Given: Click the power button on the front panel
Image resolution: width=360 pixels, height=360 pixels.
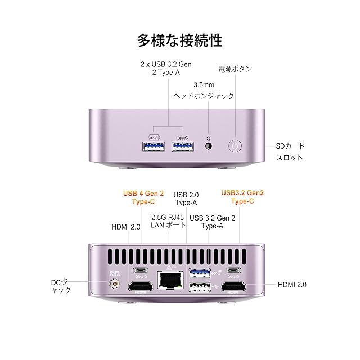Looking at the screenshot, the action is [236, 146].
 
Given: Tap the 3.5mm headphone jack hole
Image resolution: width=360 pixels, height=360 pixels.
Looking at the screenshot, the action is [210, 146].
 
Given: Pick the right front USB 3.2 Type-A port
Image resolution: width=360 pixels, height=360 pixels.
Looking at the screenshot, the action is [182, 147].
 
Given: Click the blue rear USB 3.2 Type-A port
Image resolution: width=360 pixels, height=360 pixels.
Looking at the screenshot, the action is [199, 274].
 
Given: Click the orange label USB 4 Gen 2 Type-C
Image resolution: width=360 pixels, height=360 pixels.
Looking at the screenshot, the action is [143, 197].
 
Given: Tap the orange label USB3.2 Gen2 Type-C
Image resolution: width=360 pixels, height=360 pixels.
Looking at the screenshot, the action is [242, 197].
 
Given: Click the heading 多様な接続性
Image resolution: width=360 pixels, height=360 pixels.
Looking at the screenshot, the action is [180, 40].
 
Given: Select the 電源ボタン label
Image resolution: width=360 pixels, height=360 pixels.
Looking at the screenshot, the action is [235, 69].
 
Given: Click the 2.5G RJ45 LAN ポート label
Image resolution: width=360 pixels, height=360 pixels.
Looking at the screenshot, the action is [168, 222].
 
